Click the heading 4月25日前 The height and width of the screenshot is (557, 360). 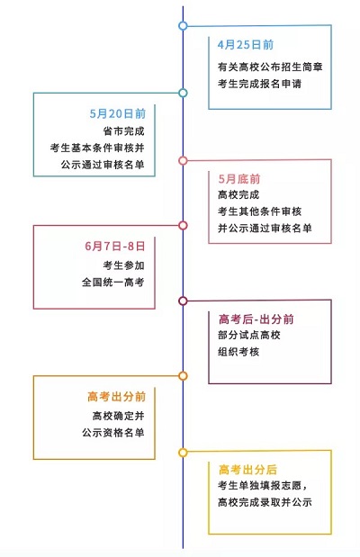(x=246, y=44)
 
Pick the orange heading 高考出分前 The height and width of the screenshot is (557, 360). (x=116, y=396)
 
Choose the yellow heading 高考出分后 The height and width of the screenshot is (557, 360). (x=247, y=469)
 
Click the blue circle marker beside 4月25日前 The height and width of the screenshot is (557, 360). (x=183, y=26)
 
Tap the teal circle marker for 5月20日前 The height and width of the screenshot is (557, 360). (x=183, y=93)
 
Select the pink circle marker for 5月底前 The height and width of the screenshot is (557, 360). (x=183, y=161)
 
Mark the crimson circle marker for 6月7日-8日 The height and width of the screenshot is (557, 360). (x=183, y=225)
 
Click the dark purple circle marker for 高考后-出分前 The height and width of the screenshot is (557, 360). (x=183, y=301)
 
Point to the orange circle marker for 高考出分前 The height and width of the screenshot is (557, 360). (x=183, y=375)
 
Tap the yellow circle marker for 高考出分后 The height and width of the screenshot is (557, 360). (x=183, y=452)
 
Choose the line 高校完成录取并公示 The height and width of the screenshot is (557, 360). (x=264, y=502)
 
